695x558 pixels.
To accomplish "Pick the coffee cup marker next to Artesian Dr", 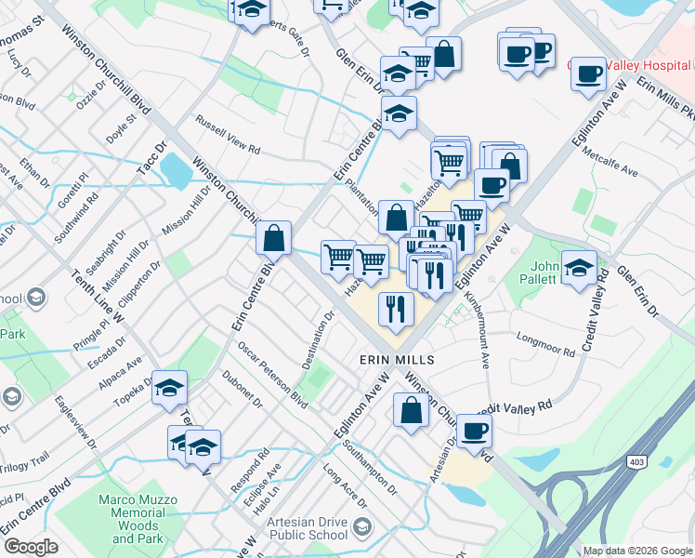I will pyautogui.click(x=474, y=432).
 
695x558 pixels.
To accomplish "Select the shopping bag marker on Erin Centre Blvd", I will pyautogui.click(x=274, y=240).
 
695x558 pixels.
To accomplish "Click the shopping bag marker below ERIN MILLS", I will pyautogui.click(x=411, y=410).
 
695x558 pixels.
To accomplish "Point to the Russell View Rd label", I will pyautogui.click(x=227, y=133).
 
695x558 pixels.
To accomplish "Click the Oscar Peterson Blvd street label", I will pyautogui.click(x=271, y=375).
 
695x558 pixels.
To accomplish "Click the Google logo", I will pyautogui.click(x=31, y=547).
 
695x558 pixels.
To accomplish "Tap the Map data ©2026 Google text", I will pyautogui.click(x=637, y=551).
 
